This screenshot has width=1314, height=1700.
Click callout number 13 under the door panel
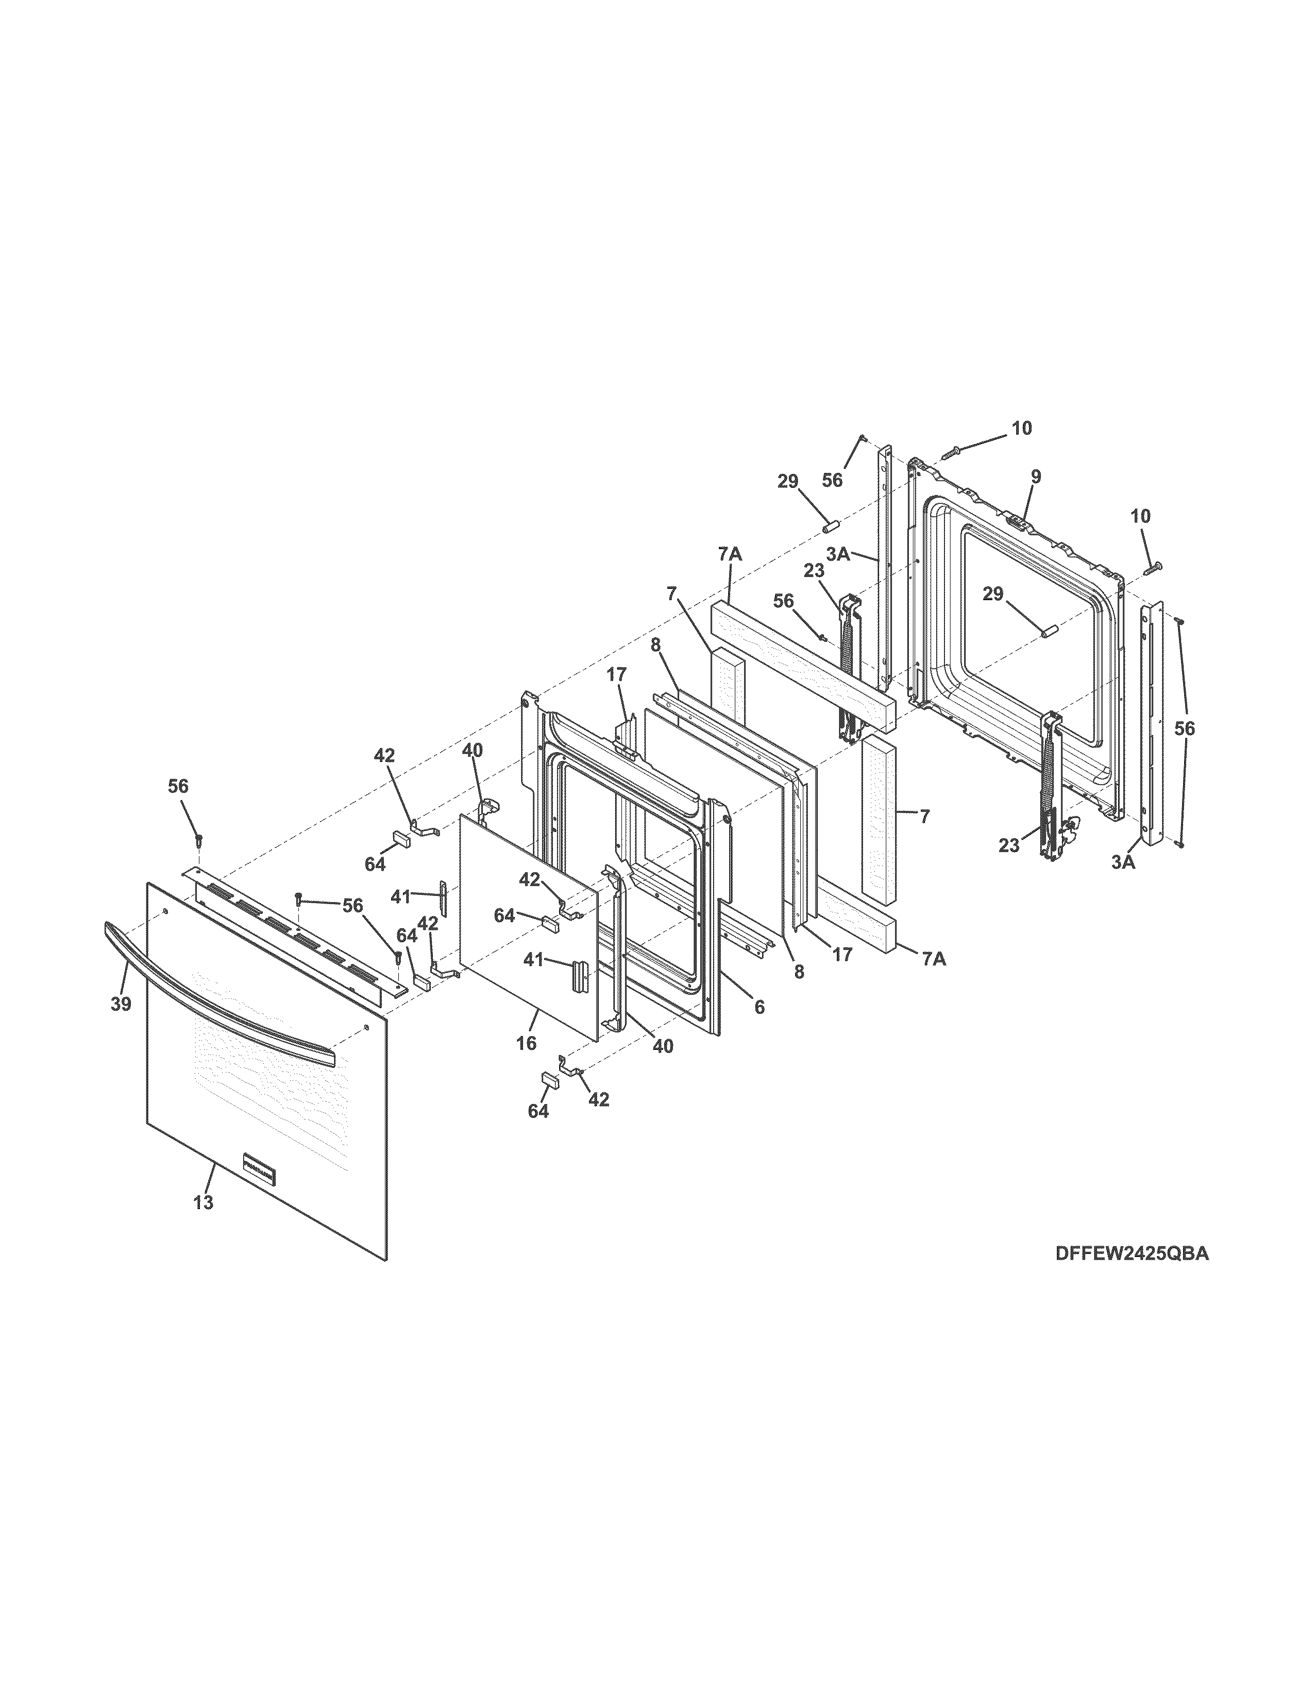coord(203,1202)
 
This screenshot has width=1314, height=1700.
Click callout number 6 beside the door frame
coord(759,1007)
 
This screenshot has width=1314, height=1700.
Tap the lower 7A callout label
coord(934,959)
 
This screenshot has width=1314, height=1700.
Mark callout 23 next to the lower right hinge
coord(1009,845)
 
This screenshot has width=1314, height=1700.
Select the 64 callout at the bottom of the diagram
coord(538,1112)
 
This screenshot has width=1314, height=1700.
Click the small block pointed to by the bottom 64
coord(551,1079)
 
